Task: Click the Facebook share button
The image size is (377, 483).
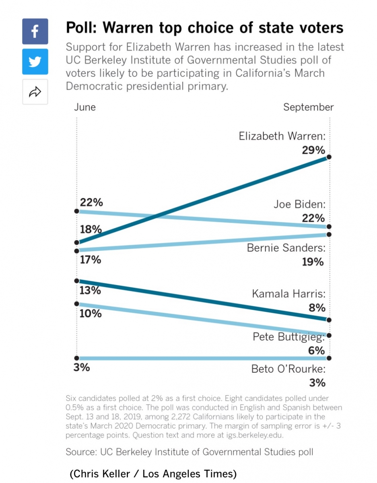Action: (x=35, y=31)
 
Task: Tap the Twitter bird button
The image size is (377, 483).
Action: (x=35, y=62)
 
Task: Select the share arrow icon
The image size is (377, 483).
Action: (x=35, y=92)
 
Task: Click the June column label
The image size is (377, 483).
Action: (x=85, y=107)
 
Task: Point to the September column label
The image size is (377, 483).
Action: (x=308, y=107)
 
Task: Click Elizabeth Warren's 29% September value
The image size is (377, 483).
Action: (x=313, y=150)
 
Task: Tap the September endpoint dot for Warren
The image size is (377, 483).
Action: (x=329, y=157)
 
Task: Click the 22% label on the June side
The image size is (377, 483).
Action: (x=91, y=202)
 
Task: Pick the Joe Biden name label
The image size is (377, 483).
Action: (x=299, y=204)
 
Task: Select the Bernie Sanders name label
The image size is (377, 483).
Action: (x=286, y=248)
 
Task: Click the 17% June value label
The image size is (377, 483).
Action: (x=90, y=260)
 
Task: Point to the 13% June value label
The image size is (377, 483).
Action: (x=90, y=290)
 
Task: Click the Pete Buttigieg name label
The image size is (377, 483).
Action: (x=288, y=336)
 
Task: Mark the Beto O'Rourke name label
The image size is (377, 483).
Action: (x=288, y=369)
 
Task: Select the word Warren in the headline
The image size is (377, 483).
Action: (x=130, y=28)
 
